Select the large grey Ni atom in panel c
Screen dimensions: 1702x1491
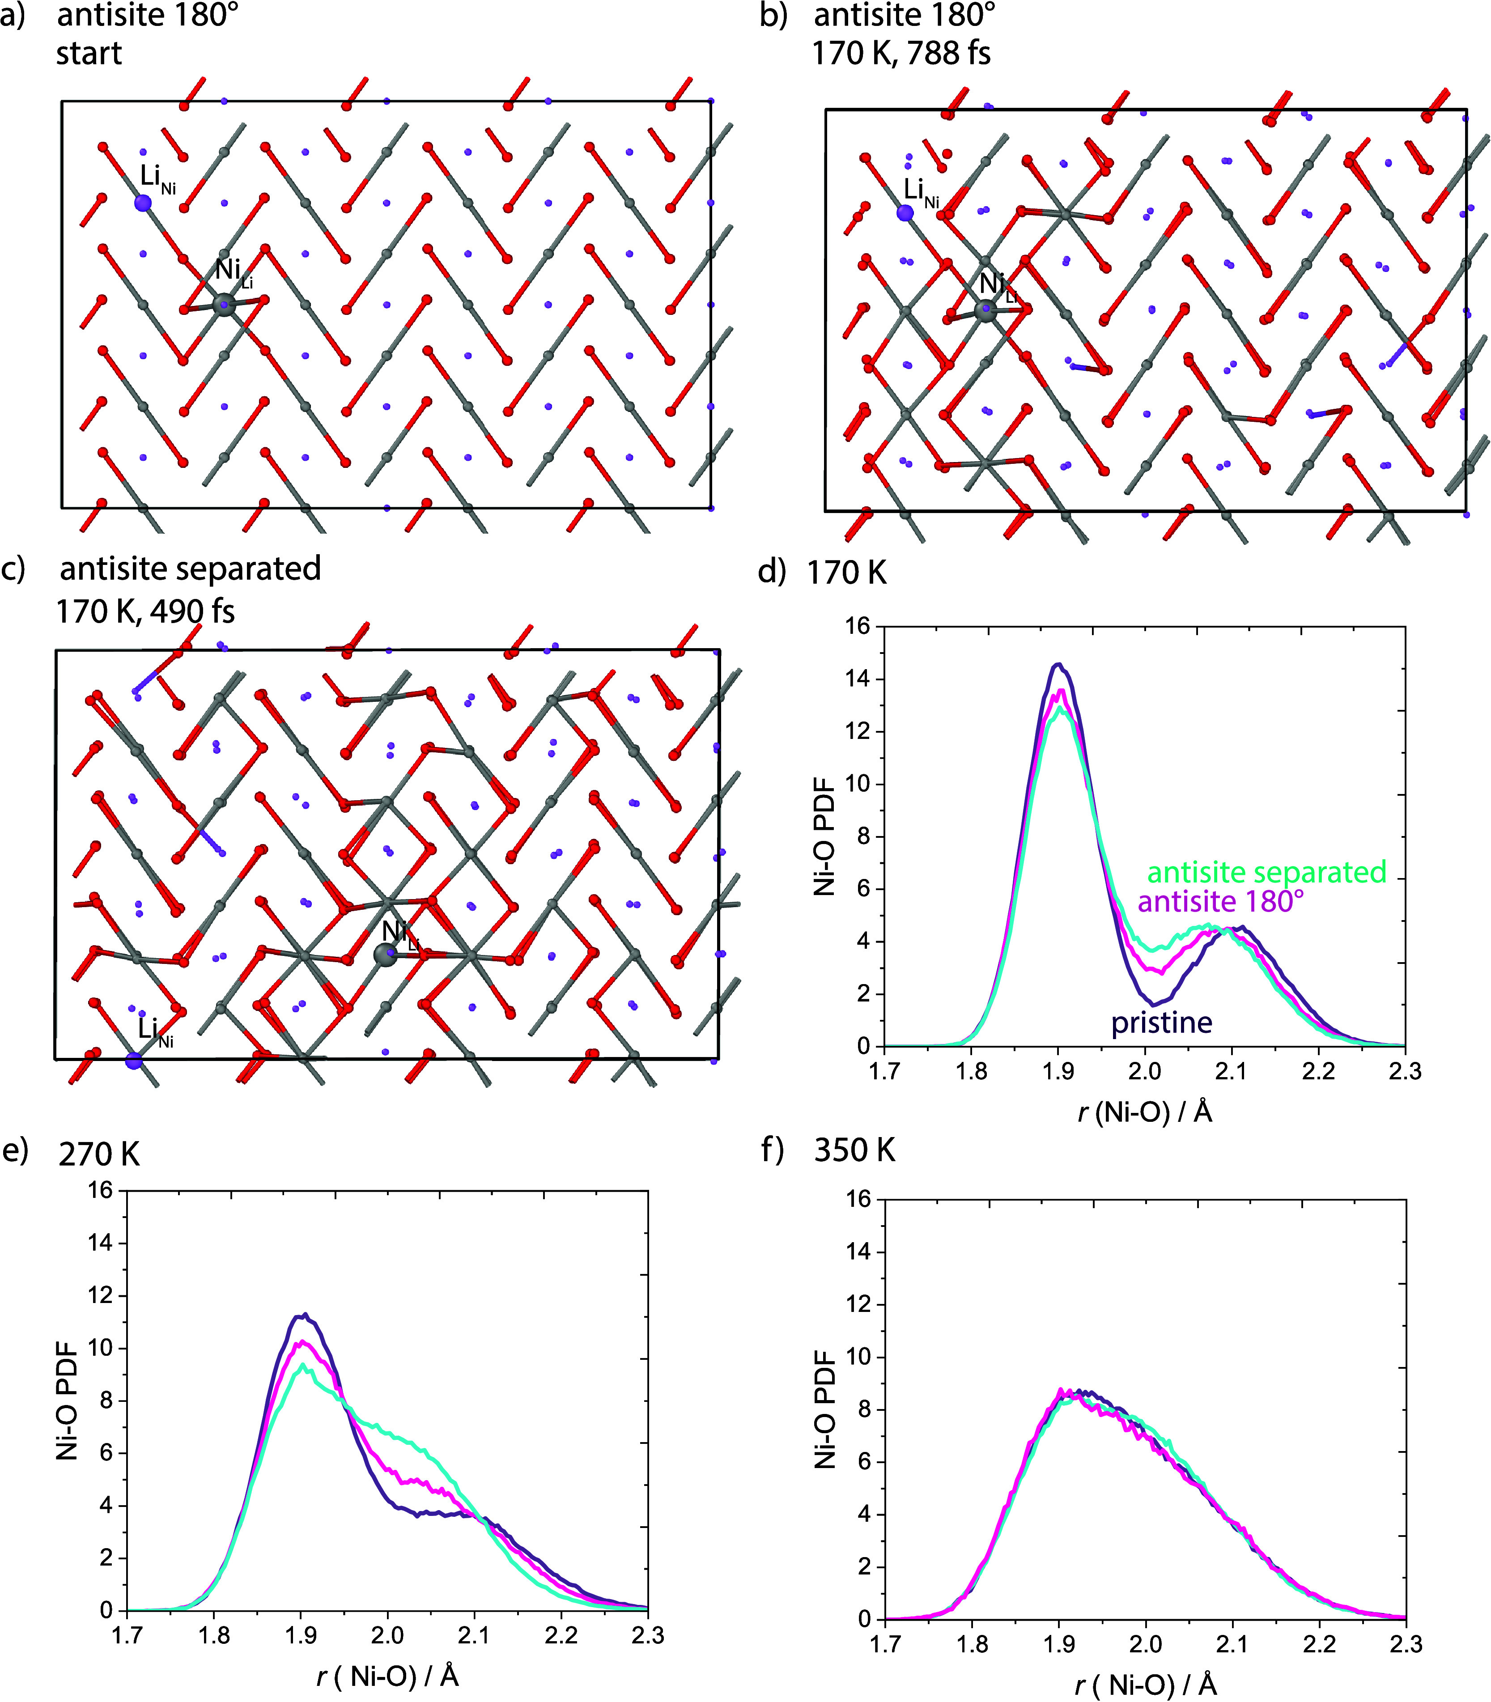pyautogui.click(x=385, y=955)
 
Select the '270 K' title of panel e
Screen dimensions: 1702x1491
pyautogui.click(x=99, y=1154)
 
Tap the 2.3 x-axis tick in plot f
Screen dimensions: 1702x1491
pyautogui.click(x=1405, y=1645)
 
